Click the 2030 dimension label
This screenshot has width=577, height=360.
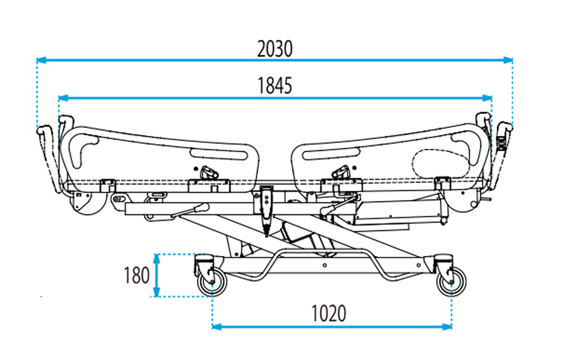click(275, 49)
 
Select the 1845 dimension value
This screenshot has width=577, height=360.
click(275, 86)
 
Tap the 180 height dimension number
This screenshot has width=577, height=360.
click(137, 275)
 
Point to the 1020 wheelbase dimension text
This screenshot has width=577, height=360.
click(328, 313)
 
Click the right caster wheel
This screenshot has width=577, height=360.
click(452, 281)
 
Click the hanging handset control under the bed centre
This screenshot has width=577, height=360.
click(266, 207)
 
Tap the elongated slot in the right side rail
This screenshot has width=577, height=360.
click(331, 153)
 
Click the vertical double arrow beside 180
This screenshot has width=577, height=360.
click(157, 275)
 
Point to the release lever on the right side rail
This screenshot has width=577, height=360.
click(342, 172)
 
